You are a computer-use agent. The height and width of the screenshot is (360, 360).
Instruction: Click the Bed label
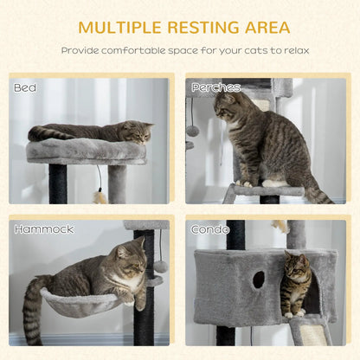pyautogui.click(x=24, y=87)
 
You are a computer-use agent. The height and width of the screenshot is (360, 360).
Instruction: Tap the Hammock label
pyautogui.click(x=43, y=229)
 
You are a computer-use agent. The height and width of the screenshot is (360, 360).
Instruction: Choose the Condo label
pyautogui.click(x=210, y=229)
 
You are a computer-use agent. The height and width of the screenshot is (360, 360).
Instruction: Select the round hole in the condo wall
pyautogui.click(x=259, y=280)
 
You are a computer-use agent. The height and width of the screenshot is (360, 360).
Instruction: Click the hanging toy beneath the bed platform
pyautogui.click(x=100, y=196)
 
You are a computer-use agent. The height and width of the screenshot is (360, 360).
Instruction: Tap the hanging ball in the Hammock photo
pyautogui.click(x=161, y=266)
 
